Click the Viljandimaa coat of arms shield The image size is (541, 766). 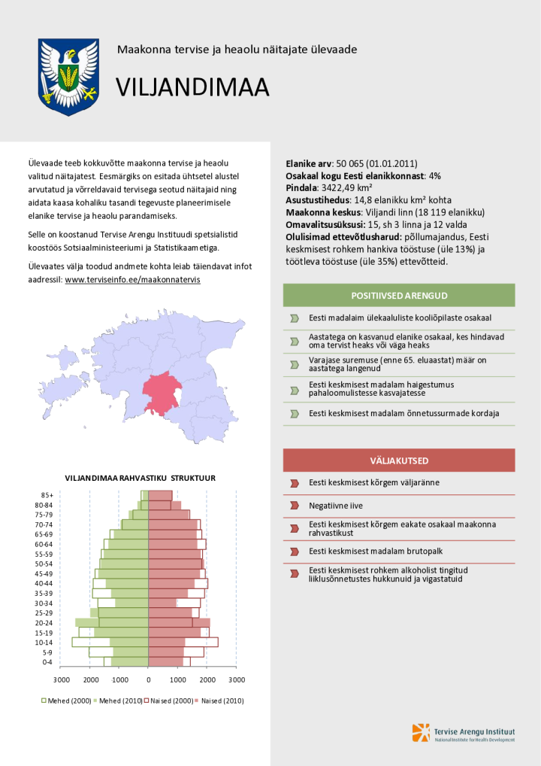pos(68,76)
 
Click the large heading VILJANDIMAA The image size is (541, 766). pos(192,88)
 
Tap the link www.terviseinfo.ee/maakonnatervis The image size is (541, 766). pos(132,279)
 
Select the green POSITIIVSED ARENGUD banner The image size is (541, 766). pos(399,295)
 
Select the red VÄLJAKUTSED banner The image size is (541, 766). pos(399,460)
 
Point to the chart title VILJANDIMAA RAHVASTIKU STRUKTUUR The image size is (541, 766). pos(141,478)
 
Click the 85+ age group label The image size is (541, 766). pos(47,495)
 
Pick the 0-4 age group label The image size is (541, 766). pos(47,662)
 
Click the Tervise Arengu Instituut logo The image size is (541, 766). pos(464,732)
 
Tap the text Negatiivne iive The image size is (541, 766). pos(336,506)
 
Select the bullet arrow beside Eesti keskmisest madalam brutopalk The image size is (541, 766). pos(294,552)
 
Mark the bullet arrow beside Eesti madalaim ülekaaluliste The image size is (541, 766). pos(294,318)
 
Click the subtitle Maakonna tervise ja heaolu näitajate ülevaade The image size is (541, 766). pos(237,50)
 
